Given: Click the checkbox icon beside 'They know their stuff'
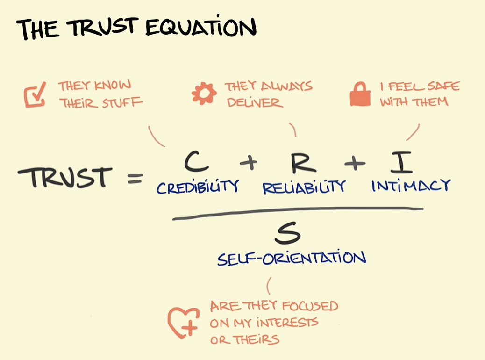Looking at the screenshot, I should tap(36, 94).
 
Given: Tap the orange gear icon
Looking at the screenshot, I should tap(204, 94).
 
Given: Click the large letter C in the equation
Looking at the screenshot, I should tap(196, 162).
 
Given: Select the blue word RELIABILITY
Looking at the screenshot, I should tap(304, 187).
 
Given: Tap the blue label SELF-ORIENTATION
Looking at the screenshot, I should tap(291, 258).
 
